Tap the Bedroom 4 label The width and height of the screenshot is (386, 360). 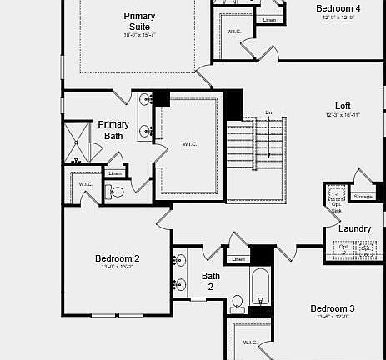pos(338,8)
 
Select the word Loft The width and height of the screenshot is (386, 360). pos(343,106)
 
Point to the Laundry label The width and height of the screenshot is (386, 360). pos(354,228)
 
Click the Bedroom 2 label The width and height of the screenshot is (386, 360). pos(117,258)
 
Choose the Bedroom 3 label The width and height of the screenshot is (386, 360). pos(333,307)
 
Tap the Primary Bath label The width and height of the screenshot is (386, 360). pos(113,130)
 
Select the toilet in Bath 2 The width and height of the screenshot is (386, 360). pos(238,302)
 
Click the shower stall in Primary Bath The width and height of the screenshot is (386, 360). pos(78,141)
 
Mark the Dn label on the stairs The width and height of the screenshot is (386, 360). pos(268,112)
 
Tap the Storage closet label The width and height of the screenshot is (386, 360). pos(363,197)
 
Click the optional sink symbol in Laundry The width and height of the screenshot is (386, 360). pos(337,197)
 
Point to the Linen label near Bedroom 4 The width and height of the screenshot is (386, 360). pos(268,20)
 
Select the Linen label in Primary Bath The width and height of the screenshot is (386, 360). pos(114,173)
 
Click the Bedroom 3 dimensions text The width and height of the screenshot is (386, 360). pos(332,317)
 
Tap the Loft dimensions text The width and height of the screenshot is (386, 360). pos(343,115)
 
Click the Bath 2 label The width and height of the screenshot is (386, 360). pos(211,281)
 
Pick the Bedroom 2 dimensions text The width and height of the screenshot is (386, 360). pos(117,267)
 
